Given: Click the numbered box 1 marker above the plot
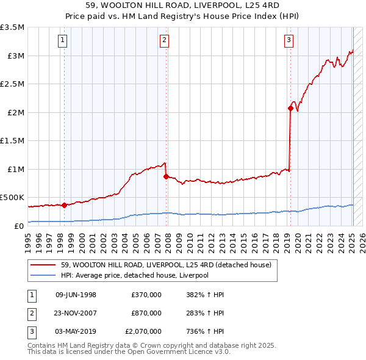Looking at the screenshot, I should [63, 41].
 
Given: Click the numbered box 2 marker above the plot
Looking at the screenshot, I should [165, 41].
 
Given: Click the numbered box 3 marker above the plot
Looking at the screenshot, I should [288, 41].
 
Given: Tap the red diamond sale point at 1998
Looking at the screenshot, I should [64, 205].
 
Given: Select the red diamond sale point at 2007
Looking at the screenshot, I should [165, 176].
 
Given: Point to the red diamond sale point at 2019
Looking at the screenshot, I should [290, 109].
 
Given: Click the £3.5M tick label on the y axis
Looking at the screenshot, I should [12, 27].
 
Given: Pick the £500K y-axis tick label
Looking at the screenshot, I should [12, 198].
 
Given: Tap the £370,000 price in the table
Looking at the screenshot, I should [146, 295].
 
